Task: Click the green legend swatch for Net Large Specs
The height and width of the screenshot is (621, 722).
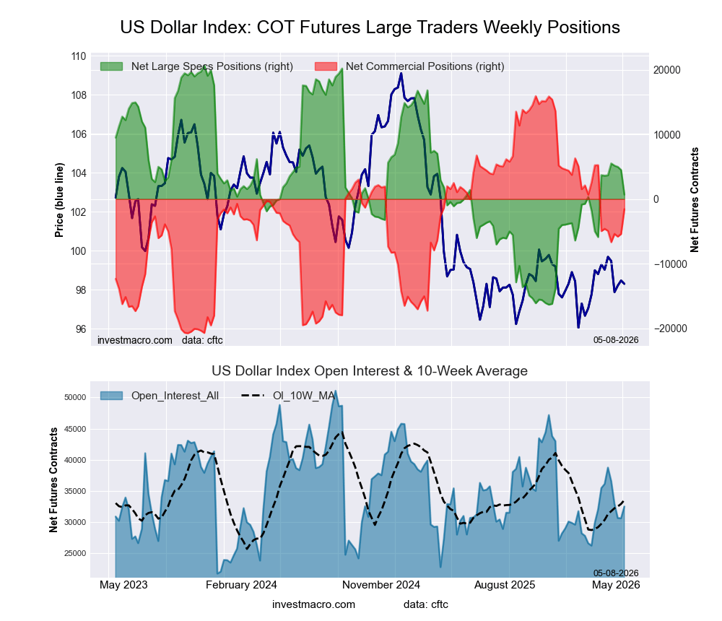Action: pyautogui.click(x=111, y=66)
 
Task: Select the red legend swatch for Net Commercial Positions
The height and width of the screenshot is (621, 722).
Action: pyautogui.click(x=326, y=66)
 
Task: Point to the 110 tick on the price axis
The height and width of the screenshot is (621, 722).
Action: pyautogui.click(x=78, y=56)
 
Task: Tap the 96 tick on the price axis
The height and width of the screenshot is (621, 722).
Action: pyautogui.click(x=81, y=329)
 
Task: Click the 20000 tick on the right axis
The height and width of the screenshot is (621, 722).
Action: pyautogui.click(x=667, y=70)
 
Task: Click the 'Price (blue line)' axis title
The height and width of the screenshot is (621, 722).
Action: pyautogui.click(x=59, y=200)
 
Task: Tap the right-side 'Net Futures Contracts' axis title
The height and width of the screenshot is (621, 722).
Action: pyautogui.click(x=695, y=199)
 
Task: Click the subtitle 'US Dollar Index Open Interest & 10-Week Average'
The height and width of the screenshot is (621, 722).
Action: pyautogui.click(x=370, y=371)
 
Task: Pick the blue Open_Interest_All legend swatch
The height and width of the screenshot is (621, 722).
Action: pyautogui.click(x=111, y=396)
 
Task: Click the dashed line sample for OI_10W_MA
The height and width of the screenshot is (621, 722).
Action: pyautogui.click(x=253, y=396)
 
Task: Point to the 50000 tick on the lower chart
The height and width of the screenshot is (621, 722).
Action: pyautogui.click(x=75, y=398)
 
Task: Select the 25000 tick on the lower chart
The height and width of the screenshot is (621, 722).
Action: pyautogui.click(x=75, y=553)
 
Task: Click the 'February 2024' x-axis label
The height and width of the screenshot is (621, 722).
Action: pyautogui.click(x=241, y=585)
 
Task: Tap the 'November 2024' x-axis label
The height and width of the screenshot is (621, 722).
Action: pyautogui.click(x=381, y=585)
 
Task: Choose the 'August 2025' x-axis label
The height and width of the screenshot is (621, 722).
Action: pyautogui.click(x=505, y=585)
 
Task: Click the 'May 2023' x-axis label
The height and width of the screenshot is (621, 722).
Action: pyautogui.click(x=124, y=585)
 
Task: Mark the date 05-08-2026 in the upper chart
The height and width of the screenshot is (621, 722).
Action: pyautogui.click(x=616, y=340)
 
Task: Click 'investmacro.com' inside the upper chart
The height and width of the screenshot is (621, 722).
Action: pyautogui.click(x=135, y=340)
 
